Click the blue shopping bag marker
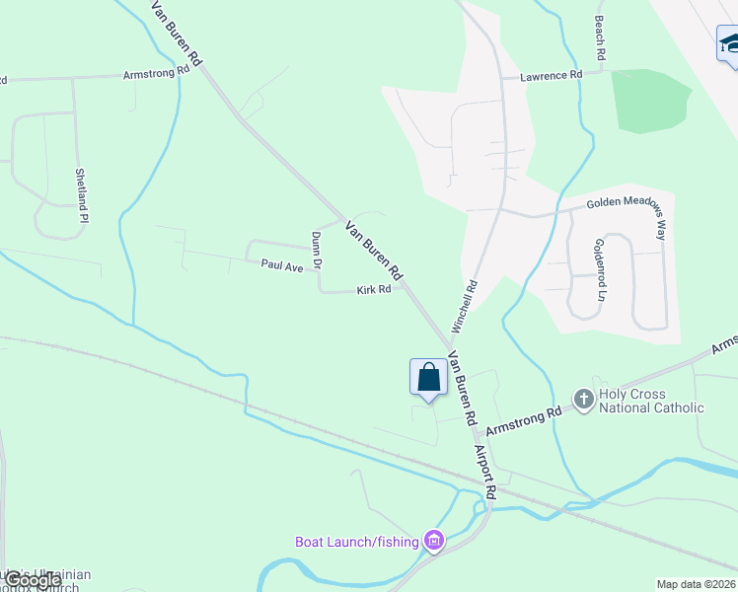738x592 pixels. [428, 378]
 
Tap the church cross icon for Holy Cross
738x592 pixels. [583, 399]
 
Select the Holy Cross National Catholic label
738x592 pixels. [652, 401]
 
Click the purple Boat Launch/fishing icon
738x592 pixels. [433, 540]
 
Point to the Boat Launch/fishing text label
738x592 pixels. [357, 542]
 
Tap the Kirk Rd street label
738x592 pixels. [374, 290]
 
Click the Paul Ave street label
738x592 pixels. [281, 265]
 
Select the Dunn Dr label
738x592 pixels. [317, 251]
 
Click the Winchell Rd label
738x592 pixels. [465, 306]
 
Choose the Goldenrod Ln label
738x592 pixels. [599, 269]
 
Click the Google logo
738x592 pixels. [32, 581]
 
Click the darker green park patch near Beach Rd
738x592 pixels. [650, 101]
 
